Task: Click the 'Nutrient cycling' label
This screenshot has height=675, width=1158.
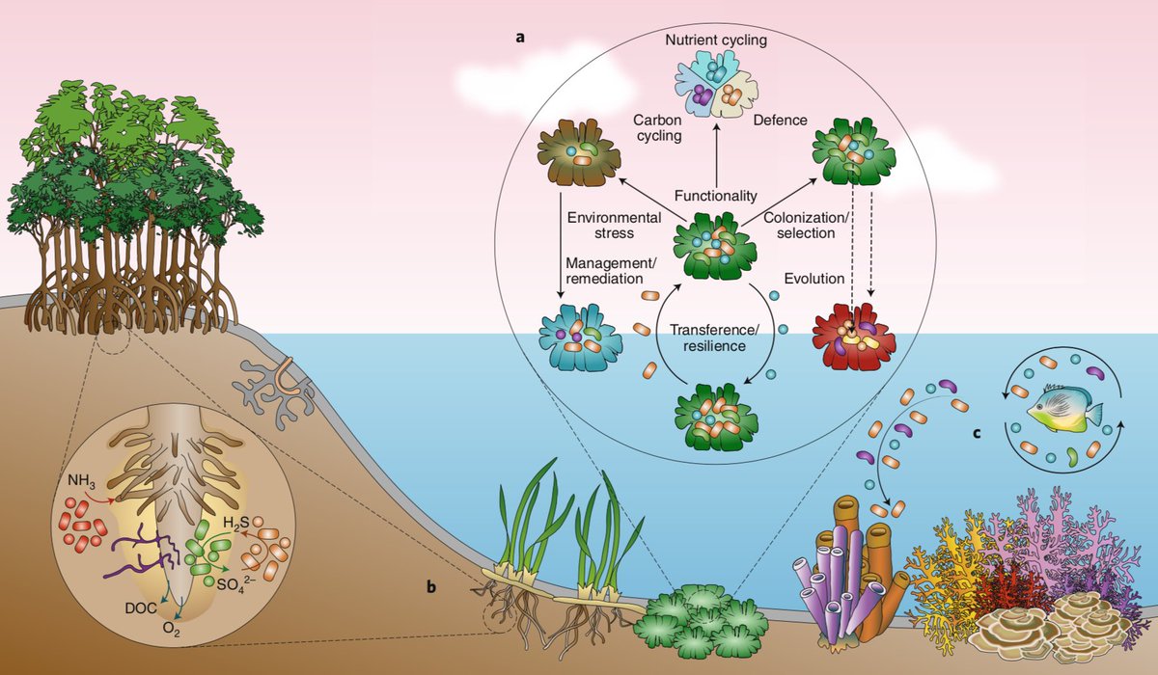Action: pyautogui.click(x=716, y=40)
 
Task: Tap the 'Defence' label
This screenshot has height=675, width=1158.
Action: pyautogui.click(x=780, y=121)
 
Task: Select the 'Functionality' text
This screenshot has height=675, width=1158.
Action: pyautogui.click(x=715, y=196)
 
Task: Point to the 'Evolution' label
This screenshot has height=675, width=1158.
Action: pyautogui.click(x=814, y=279)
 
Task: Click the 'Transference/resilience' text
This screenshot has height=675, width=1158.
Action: pyautogui.click(x=715, y=337)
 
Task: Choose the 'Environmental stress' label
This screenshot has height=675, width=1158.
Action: pyautogui.click(x=614, y=226)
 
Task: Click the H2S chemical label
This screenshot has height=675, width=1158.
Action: pyautogui.click(x=236, y=524)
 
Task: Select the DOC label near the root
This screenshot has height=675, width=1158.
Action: pyautogui.click(x=141, y=608)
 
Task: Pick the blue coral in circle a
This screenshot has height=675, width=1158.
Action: pyautogui.click(x=581, y=337)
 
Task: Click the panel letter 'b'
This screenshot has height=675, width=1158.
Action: pyautogui.click(x=431, y=587)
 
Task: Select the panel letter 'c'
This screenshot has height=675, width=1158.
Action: pyautogui.click(x=977, y=433)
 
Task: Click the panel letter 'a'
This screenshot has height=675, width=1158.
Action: pyautogui.click(x=520, y=38)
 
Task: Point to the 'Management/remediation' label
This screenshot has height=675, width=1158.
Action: pyautogui.click(x=611, y=271)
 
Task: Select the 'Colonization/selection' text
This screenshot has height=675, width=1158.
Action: pyautogui.click(x=806, y=226)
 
